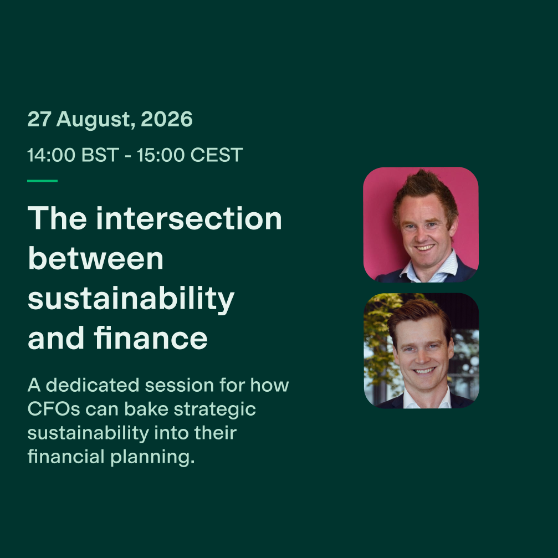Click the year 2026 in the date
[167, 119]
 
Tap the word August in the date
[94, 120]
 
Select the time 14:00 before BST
[51, 155]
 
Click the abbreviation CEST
[216, 155]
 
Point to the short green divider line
[42, 181]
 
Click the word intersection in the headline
[188, 218]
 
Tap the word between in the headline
[95, 258]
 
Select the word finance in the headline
[151, 337]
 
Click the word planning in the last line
[152, 458]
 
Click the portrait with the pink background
[421, 224]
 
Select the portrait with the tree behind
[421, 351]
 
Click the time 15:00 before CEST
[161, 155]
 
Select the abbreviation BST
[100, 155]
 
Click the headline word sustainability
[131, 299]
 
